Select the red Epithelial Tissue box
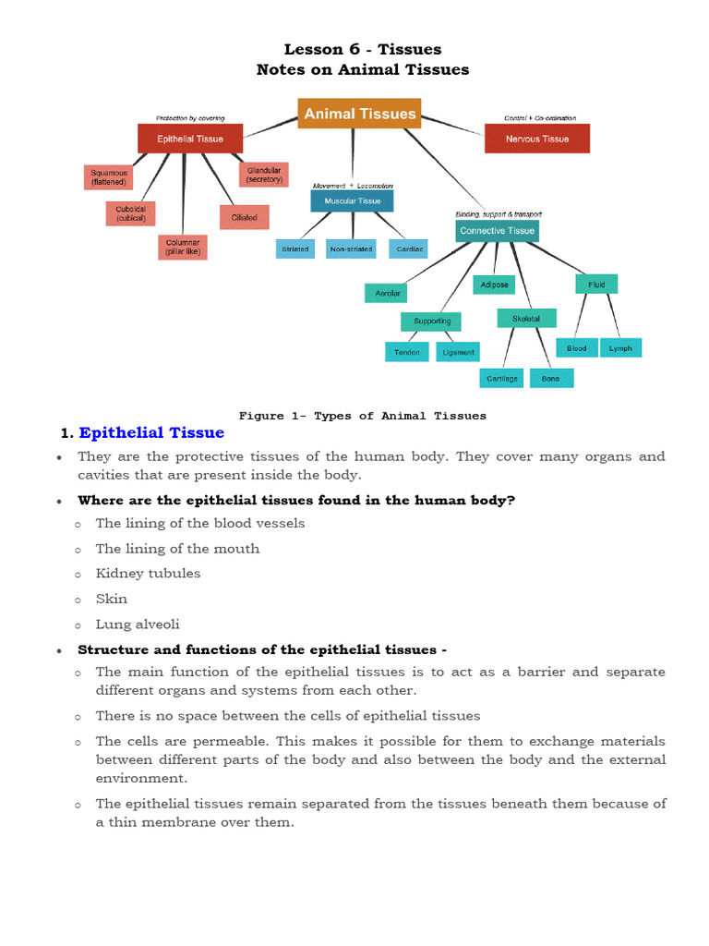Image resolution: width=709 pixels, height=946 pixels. click(189, 139)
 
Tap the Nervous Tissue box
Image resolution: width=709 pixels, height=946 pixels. click(536, 139)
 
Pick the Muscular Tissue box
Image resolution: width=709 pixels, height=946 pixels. click(352, 200)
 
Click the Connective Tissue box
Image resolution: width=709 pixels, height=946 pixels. click(497, 230)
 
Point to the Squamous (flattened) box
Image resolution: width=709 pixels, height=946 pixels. click(109, 176)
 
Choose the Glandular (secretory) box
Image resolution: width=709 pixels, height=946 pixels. click(263, 174)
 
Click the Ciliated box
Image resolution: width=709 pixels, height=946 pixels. click(245, 217)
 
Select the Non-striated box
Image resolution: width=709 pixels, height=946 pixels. click(351, 249)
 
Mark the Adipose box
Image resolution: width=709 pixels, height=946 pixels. click(495, 285)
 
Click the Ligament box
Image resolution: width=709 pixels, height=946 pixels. click(458, 352)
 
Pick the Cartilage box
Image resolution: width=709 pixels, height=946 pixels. click(503, 378)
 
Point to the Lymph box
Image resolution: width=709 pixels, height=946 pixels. click(620, 348)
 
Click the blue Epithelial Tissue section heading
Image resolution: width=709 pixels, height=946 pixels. click(151, 433)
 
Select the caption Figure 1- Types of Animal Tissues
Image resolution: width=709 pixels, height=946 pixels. click(363, 416)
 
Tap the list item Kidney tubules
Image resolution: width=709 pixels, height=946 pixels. click(148, 574)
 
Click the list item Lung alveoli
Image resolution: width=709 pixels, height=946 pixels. click(138, 625)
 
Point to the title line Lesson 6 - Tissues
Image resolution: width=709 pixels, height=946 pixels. click(362, 49)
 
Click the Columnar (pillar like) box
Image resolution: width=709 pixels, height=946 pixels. click(182, 248)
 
